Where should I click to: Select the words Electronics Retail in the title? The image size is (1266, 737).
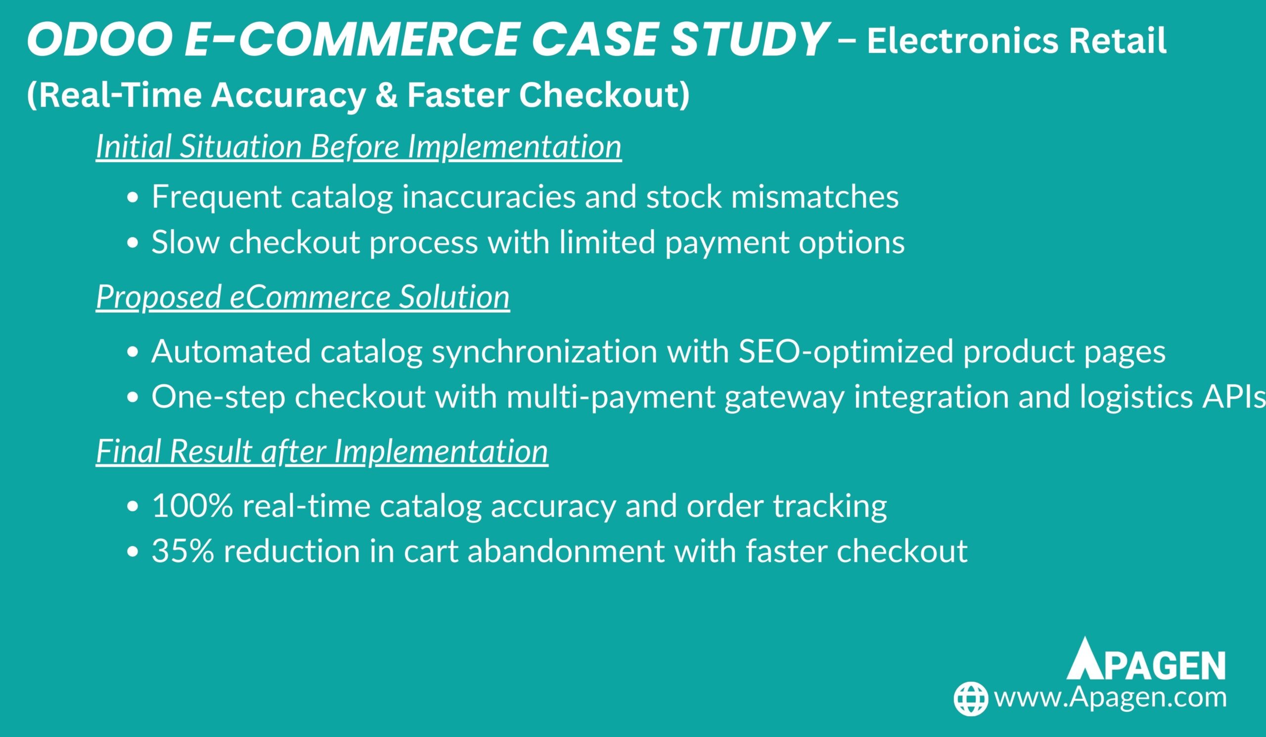[x=1016, y=41]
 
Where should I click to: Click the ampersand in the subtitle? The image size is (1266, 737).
[x=385, y=95]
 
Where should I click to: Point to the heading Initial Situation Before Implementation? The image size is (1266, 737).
[x=359, y=147]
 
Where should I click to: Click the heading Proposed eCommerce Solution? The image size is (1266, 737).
[x=303, y=297]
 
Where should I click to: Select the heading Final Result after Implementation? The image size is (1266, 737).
[x=322, y=451]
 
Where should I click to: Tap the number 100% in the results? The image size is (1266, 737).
[x=192, y=506]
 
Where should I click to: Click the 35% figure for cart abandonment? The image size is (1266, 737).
[x=183, y=551]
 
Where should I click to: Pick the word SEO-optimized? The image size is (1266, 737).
[x=846, y=352]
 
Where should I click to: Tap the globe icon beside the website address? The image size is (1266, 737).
[x=971, y=698]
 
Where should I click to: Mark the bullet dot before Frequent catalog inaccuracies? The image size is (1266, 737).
[x=133, y=198]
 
